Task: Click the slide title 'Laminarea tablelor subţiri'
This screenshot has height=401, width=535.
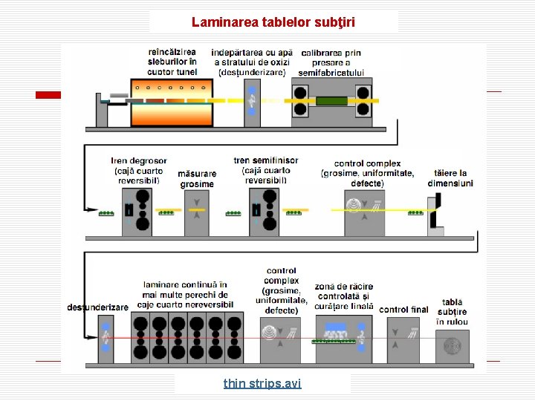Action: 273,22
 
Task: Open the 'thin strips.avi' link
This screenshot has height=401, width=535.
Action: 262,383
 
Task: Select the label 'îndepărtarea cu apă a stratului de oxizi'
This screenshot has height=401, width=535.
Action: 252,62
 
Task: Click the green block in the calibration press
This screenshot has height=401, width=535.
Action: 331,100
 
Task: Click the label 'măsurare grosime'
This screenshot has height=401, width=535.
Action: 197,179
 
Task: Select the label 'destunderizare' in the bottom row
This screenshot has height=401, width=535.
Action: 97,307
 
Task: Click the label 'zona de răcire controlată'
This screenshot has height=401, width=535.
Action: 343,296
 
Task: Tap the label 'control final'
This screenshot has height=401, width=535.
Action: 403,309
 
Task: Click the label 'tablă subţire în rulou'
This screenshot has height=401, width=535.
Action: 452,312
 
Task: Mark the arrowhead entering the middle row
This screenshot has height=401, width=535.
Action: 93,212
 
